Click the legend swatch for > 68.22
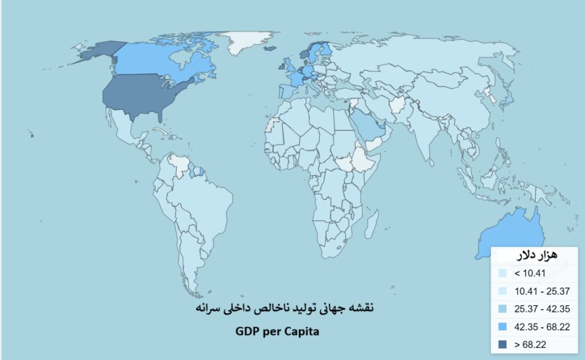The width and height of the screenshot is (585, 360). (502, 344)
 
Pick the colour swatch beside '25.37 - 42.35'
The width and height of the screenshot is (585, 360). (502, 309)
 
